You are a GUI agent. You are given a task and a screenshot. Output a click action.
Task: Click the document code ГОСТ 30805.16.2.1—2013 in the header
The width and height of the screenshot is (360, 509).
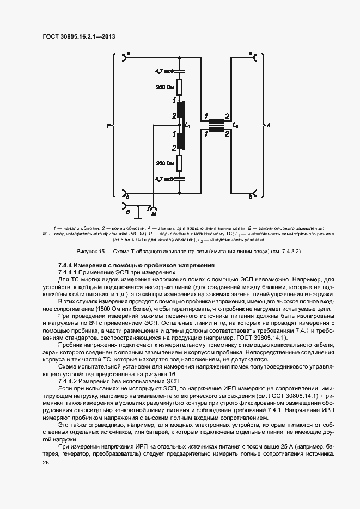point(79,37)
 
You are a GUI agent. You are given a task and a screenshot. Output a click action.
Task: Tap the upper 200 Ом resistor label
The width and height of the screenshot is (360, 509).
point(165,87)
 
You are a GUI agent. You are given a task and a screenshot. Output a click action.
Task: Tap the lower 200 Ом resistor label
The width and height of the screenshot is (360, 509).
point(165,163)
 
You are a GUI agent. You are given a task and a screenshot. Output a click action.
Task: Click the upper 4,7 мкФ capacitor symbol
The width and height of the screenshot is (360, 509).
point(181,71)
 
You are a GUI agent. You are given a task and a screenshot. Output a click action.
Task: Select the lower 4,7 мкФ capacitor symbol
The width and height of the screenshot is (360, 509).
point(181,179)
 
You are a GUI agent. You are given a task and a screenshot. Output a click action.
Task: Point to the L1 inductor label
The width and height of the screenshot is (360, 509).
point(188,125)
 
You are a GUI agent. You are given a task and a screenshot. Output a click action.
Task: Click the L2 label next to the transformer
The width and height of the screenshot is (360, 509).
point(235,125)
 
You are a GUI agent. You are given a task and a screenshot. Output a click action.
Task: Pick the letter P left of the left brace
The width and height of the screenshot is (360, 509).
point(109,125)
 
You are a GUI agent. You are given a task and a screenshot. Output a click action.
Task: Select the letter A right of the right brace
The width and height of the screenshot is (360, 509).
point(269,125)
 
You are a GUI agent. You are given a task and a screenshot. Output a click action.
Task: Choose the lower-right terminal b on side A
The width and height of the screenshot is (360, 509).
point(255,194)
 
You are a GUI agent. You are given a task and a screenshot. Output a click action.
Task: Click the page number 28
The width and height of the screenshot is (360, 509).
point(46,462)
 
